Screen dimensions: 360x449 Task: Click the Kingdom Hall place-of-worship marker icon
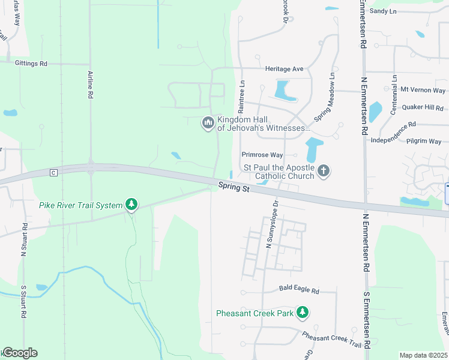pyautogui.click(x=208, y=123)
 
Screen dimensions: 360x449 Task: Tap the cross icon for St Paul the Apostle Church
pyautogui.click(x=324, y=172)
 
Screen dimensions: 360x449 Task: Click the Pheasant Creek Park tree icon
pyautogui.click(x=304, y=313)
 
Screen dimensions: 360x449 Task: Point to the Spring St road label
pyautogui.click(x=234, y=188)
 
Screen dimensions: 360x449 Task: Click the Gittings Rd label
pyautogui.click(x=32, y=63)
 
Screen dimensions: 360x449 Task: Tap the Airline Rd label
pyautogui.click(x=91, y=85)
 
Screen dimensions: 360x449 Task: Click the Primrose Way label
pyautogui.click(x=262, y=154)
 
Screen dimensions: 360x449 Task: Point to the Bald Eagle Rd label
pyautogui.click(x=299, y=289)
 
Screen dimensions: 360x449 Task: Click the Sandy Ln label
pyautogui.click(x=384, y=11)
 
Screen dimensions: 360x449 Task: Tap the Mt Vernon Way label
pyautogui.click(x=423, y=90)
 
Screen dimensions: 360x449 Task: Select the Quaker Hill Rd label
pyautogui.click(x=423, y=108)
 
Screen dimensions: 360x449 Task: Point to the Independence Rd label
pyautogui.click(x=394, y=133)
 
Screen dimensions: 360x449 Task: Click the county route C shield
pyautogui.click(x=53, y=173)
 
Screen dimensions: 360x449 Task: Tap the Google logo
pyautogui.click(x=20, y=353)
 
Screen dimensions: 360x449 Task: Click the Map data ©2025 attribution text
pyautogui.click(x=423, y=355)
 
